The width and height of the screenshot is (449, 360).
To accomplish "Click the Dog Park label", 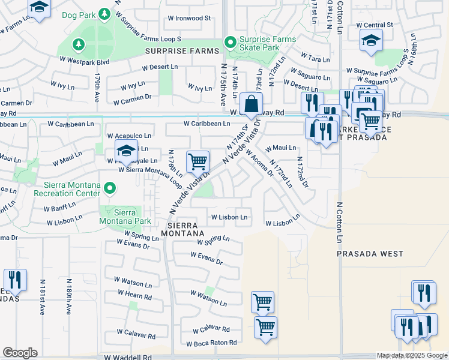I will click(78, 13).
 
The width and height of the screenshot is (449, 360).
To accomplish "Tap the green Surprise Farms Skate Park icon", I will click(229, 43).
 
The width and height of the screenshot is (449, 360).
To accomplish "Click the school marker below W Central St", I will click(371, 41).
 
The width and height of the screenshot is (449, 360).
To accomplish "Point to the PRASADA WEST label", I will click(370, 254).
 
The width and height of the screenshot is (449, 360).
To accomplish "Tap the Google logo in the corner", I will click(20, 353).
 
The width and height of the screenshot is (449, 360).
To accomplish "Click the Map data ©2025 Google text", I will click(412, 356).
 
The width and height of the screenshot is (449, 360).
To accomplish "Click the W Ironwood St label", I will click(189, 18).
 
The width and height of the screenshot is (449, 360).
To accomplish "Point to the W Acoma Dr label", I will click(259, 162).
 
